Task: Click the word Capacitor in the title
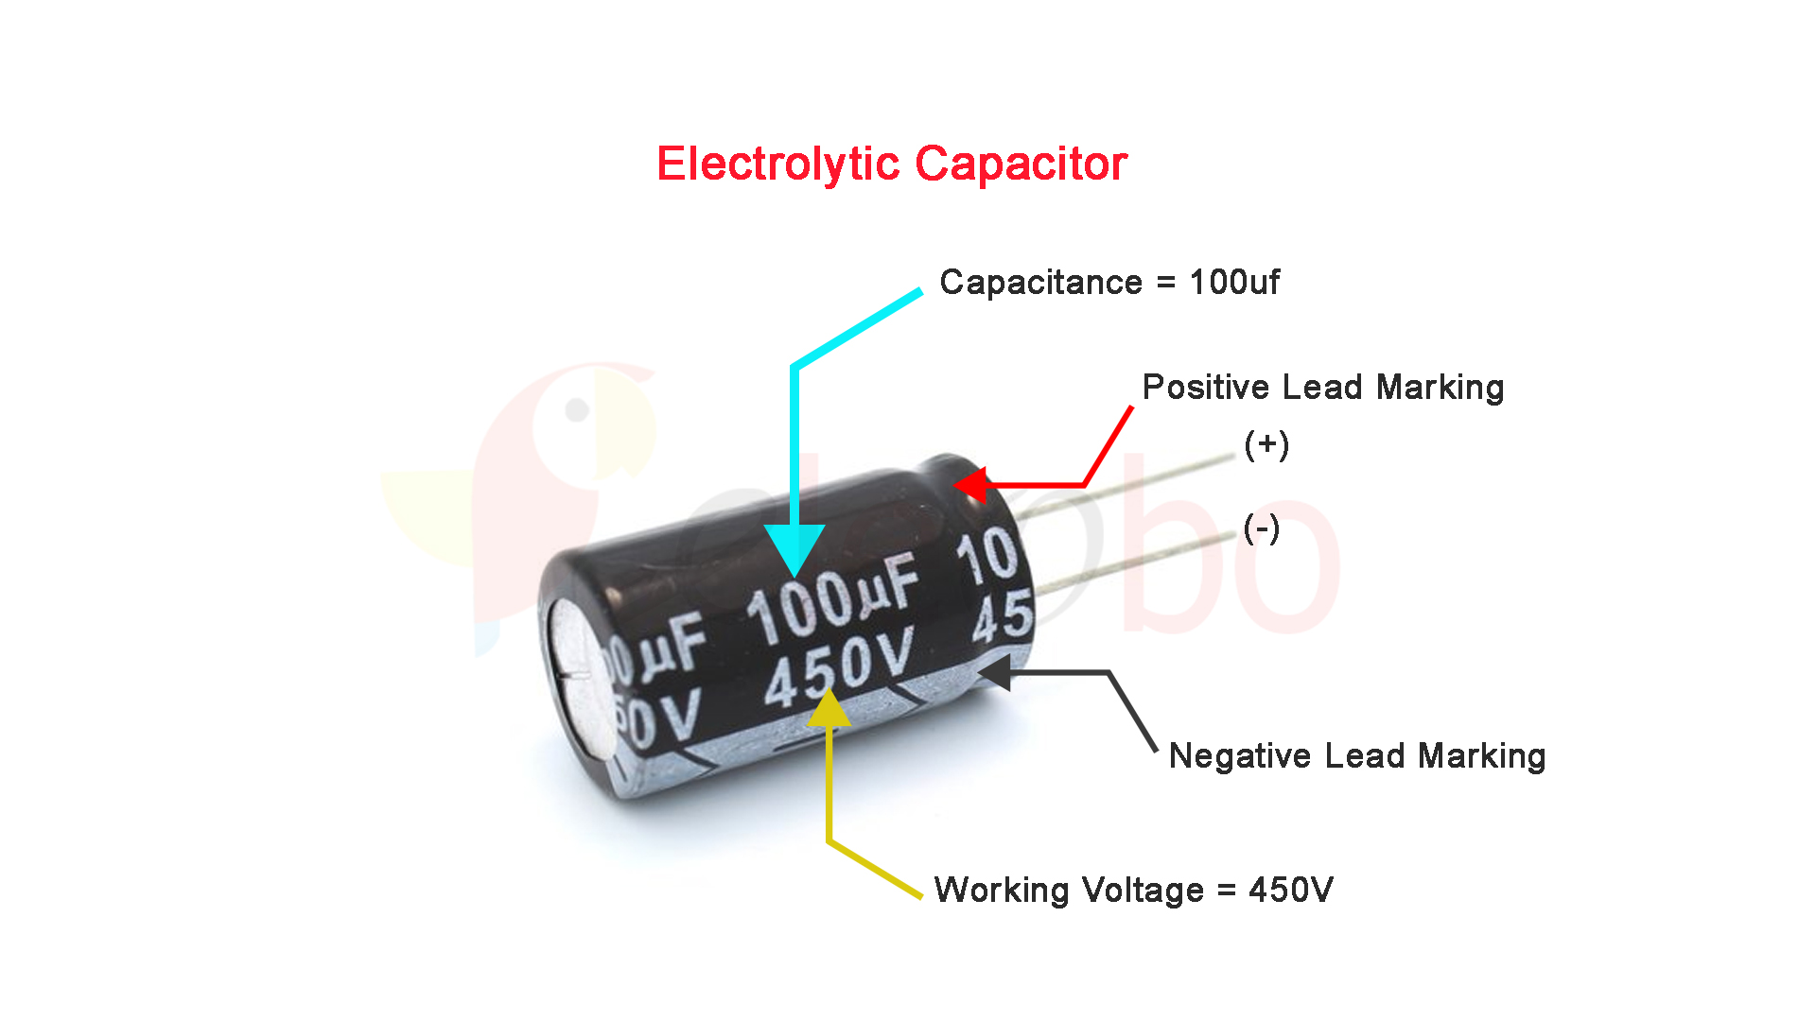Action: click(x=1021, y=164)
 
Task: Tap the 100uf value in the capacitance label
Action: click(x=1234, y=282)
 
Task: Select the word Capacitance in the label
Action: click(x=1040, y=283)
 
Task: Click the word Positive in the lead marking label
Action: click(x=1205, y=388)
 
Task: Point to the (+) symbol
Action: click(x=1266, y=444)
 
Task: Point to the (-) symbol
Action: click(x=1262, y=528)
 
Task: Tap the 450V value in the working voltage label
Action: click(x=1291, y=890)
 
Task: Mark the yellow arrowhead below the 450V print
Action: click(x=829, y=709)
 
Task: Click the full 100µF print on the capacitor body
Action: click(x=833, y=600)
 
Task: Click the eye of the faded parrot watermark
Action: click(x=577, y=410)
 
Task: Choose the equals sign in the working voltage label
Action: click(x=1227, y=891)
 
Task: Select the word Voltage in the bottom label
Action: click(x=1143, y=891)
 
